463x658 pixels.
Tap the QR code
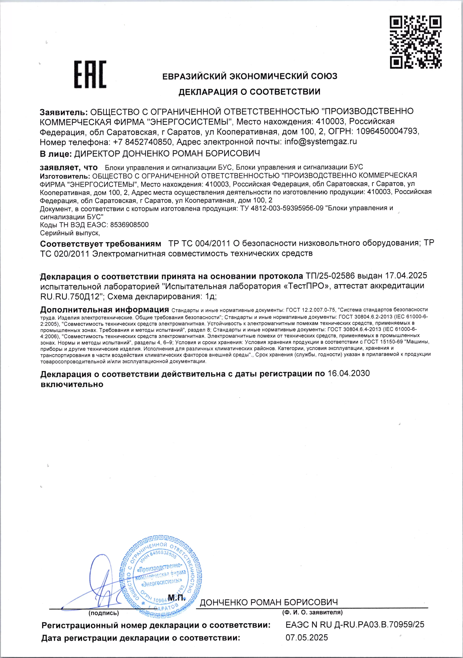click(416, 42)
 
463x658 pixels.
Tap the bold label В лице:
click(56, 154)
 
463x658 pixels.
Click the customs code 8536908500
click(129, 225)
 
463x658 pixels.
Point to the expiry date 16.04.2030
click(348, 373)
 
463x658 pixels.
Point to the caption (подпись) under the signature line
click(104, 613)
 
